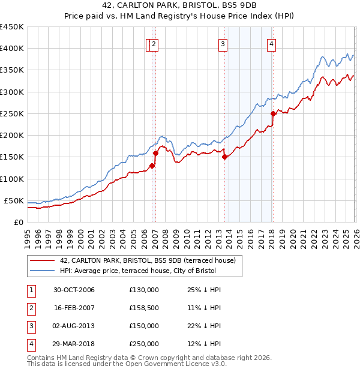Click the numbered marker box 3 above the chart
(223, 43)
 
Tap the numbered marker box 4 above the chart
(272, 43)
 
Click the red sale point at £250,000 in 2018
(273, 113)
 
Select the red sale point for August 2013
(224, 157)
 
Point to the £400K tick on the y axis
(12, 49)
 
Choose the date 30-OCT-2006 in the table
(74, 290)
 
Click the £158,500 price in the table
(143, 307)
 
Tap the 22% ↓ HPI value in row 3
(204, 326)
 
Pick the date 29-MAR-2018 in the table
(74, 344)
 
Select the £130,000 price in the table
(143, 290)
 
